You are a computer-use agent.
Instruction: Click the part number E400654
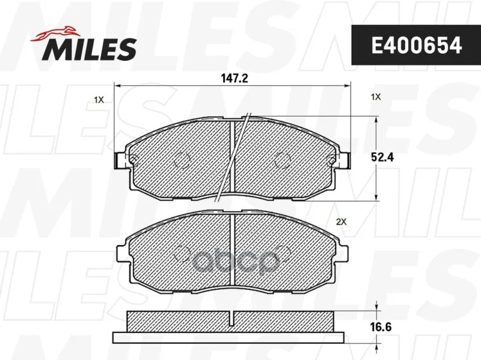coord(416,45)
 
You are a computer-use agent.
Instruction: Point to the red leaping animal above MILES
coord(54,33)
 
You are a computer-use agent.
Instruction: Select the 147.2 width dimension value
coord(234,79)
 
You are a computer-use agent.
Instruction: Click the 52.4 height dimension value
coord(382,157)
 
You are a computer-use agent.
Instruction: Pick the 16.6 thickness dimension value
coord(381,327)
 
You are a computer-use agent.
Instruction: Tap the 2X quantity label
coord(341,222)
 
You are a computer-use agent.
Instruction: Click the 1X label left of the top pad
coord(99,100)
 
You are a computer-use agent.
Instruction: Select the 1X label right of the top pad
coord(375,97)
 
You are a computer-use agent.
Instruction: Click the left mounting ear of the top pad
coord(121,160)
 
